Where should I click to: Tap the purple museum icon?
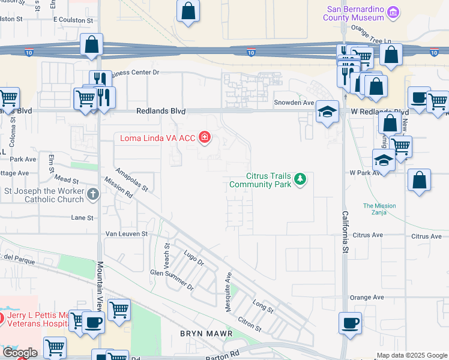[393, 12]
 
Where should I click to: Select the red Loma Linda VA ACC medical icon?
[205, 138]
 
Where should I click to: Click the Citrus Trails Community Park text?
[260, 180]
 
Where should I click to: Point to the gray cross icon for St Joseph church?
[92, 194]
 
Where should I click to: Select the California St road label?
[345, 231]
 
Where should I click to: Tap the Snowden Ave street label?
[294, 103]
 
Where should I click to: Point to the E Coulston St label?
[73, 20]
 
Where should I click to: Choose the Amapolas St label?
[132, 179]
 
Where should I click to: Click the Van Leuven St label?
[126, 233]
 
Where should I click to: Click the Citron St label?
[249, 325]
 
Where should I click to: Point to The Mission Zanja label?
[379, 209]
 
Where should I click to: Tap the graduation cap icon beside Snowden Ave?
[327, 112]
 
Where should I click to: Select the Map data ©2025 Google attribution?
[412, 355]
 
